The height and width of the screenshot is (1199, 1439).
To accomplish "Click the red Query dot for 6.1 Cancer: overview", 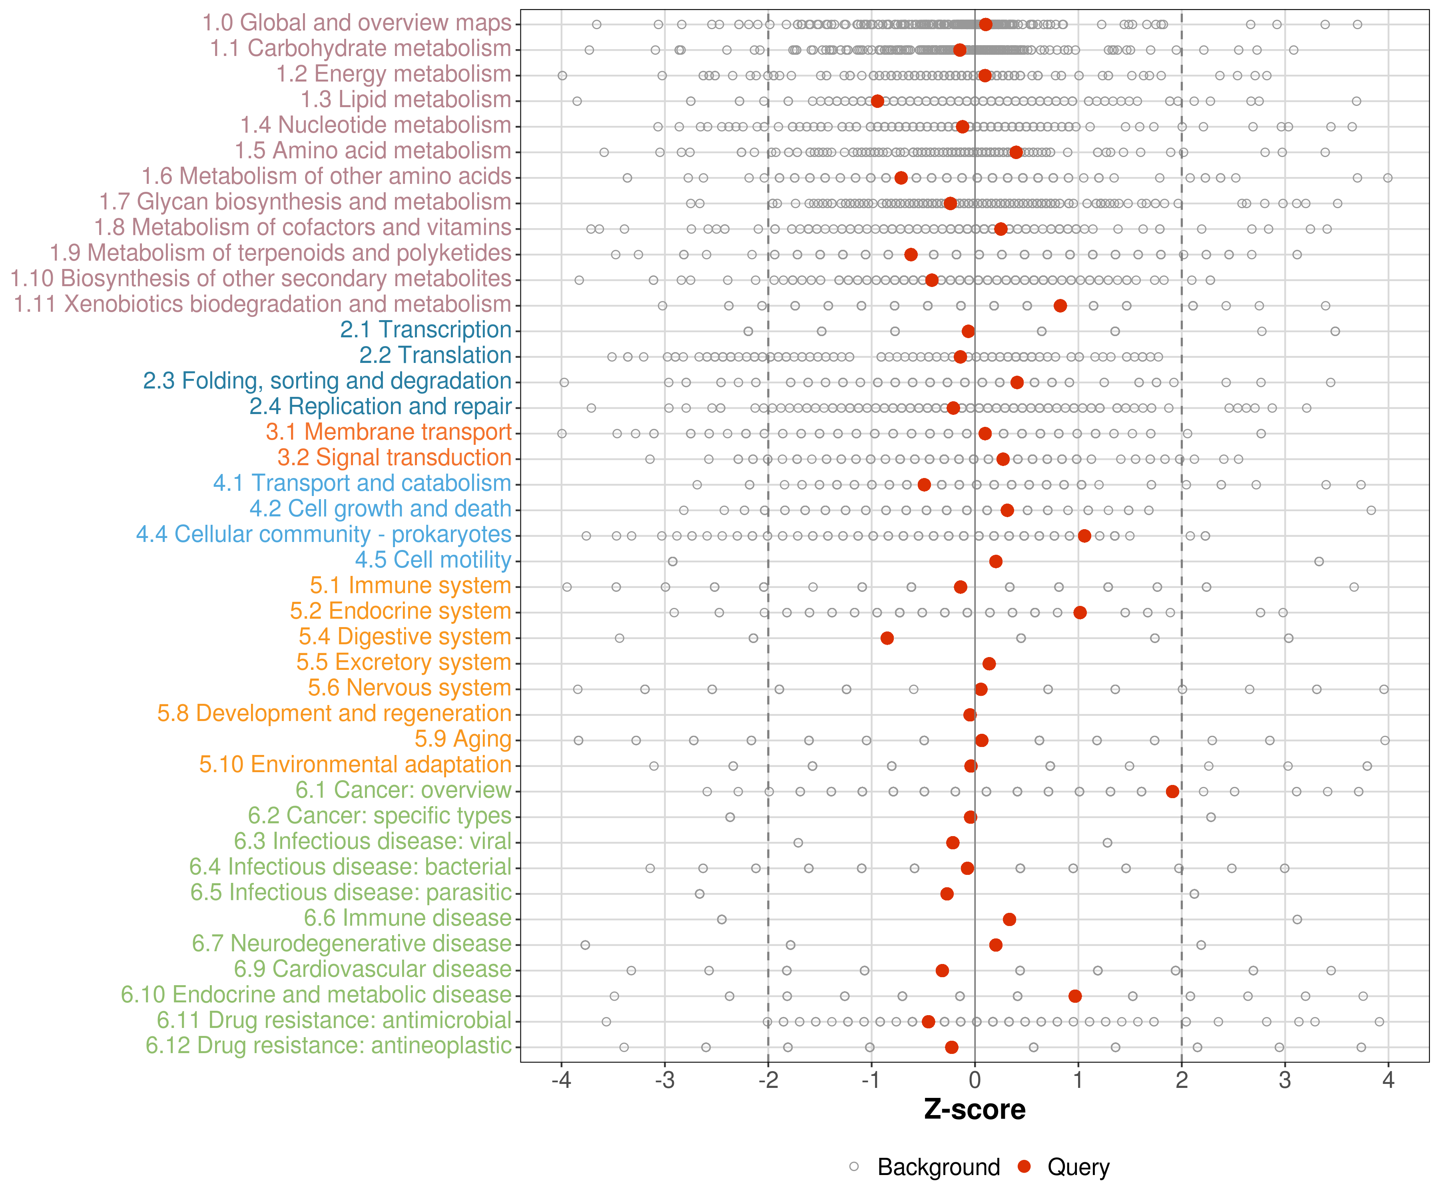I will pyautogui.click(x=1172, y=791).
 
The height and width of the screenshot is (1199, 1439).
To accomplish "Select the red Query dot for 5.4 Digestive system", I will pyautogui.click(x=887, y=638).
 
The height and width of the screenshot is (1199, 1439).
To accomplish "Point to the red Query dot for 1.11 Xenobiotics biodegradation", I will pyautogui.click(x=1060, y=306).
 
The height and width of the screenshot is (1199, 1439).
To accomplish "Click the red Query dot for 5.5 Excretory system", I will pyautogui.click(x=989, y=663).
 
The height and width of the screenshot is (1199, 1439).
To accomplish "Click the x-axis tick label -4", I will pyautogui.click(x=560, y=1080).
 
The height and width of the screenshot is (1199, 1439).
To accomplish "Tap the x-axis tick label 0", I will pyautogui.click(x=975, y=1080).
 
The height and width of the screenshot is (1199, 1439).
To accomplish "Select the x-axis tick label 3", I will pyautogui.click(x=1285, y=1080).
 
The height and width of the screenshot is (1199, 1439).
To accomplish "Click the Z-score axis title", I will pyautogui.click(x=975, y=1110).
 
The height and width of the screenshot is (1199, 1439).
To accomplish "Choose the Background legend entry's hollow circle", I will pyautogui.click(x=854, y=1167).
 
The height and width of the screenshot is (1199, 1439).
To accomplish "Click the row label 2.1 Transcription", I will pyautogui.click(x=426, y=330).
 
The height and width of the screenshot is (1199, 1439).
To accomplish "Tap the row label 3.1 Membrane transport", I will pyautogui.click(x=389, y=432).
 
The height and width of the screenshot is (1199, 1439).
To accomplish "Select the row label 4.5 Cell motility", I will pyautogui.click(x=433, y=560).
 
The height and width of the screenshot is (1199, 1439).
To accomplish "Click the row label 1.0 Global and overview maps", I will pyautogui.click(x=356, y=23).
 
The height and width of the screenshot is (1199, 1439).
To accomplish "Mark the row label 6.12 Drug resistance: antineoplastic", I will pyautogui.click(x=328, y=1046).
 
